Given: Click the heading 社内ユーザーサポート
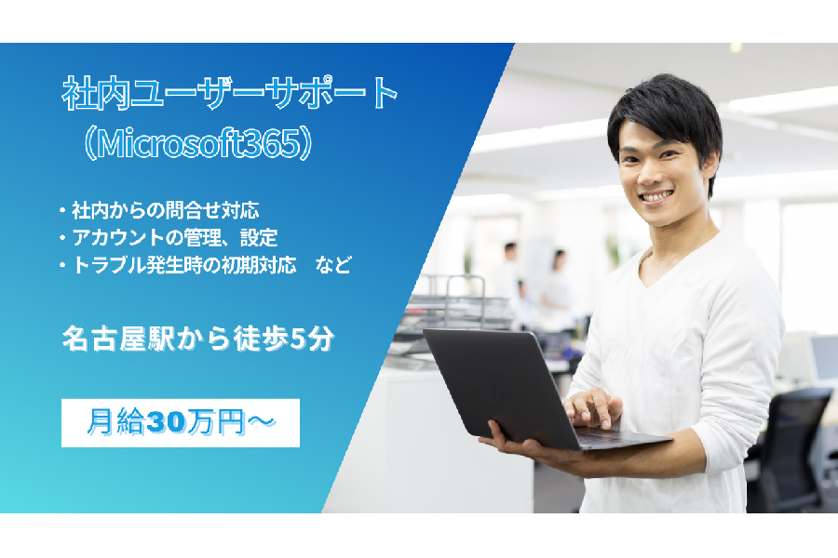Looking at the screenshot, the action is (229, 93).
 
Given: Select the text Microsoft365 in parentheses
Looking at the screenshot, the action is (197, 143).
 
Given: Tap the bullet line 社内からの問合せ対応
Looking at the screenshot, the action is (160, 210).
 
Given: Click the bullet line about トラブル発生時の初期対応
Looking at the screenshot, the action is (178, 265).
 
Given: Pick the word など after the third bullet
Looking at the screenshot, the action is (333, 265).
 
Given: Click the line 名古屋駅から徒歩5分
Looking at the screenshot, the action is (198, 339).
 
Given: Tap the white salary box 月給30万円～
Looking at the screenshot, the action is (181, 423).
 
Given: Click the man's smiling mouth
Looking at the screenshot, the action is (656, 197).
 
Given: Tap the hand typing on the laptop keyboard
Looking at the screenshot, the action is (593, 408).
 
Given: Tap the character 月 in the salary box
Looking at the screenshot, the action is (101, 422).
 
